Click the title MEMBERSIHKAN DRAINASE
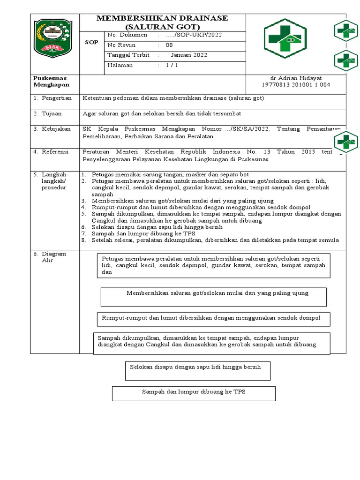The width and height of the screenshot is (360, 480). click(x=162, y=18)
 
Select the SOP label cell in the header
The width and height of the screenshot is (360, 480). click(x=92, y=42)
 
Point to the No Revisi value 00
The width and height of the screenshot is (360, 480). click(x=169, y=45)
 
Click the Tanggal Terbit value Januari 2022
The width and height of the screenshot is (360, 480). click(x=189, y=55)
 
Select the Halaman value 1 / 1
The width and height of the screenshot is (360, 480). click(x=172, y=65)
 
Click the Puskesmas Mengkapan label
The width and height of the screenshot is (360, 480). click(x=51, y=81)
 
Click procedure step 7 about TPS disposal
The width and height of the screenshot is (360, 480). click(x=143, y=233)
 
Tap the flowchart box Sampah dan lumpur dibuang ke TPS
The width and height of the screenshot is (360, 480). click(x=194, y=393)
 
